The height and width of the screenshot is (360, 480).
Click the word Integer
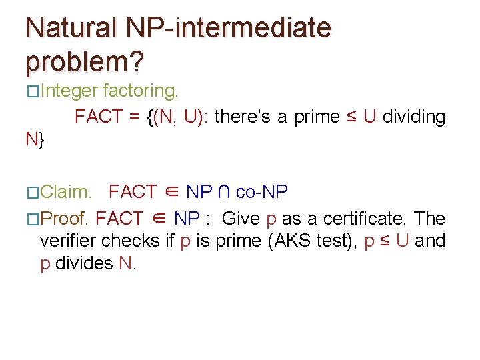pos(69,90)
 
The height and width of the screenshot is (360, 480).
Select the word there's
pos(246,117)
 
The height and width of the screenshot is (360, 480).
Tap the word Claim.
pos(66,193)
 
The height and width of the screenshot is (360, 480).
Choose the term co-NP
pos(262,193)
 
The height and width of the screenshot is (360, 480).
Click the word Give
pos(241,218)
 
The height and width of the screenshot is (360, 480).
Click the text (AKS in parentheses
pos(289,241)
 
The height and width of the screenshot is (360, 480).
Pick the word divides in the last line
pos(84,263)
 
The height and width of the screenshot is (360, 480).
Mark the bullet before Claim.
pos(33,193)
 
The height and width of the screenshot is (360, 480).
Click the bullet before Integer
pos(33,91)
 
